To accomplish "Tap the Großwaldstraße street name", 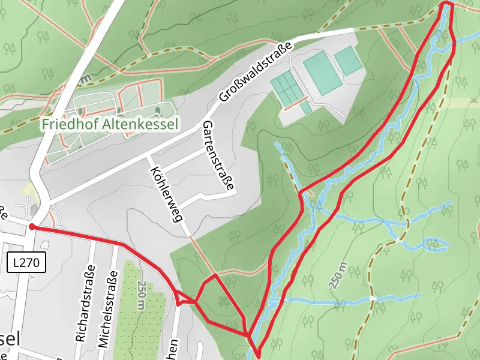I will coord(255,71).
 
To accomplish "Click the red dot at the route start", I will coord(31,227).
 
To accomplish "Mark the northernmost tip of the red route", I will coord(447,4).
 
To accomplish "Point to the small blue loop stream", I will coord(436,244).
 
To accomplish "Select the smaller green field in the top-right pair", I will coord(348,61).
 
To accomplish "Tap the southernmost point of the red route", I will coord(257,355).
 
